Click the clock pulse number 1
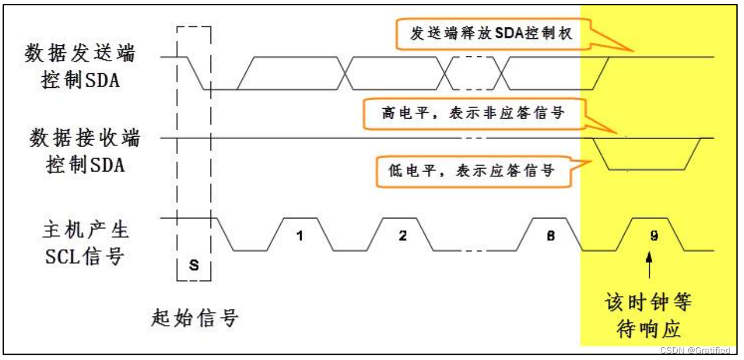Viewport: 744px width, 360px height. pyautogui.click(x=300, y=236)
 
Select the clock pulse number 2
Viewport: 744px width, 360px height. pyautogui.click(x=402, y=236)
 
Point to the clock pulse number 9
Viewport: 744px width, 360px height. pyautogui.click(x=653, y=236)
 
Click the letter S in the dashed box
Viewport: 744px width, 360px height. pyautogui.click(x=194, y=265)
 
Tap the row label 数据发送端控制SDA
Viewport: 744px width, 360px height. pyautogui.click(x=80, y=67)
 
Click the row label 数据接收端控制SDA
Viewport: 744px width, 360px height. pyautogui.click(x=85, y=151)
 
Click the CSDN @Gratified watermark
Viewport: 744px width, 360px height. pyautogui.click(x=695, y=350)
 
